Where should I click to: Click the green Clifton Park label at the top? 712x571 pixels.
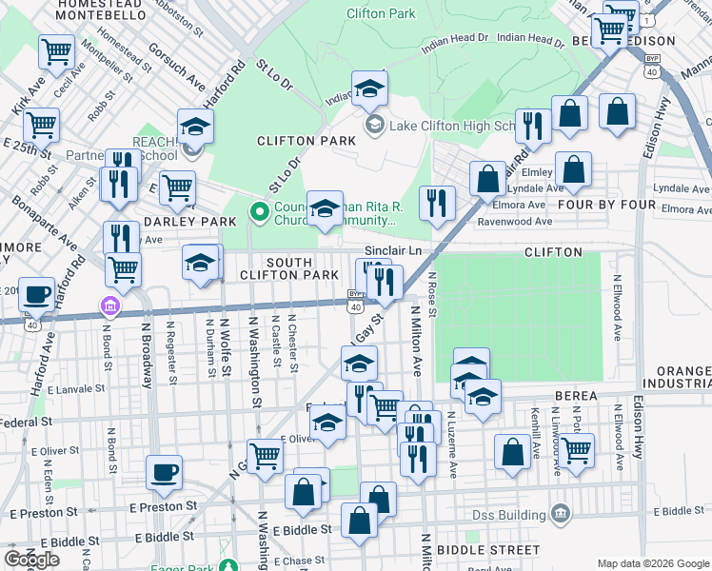pos(381,14)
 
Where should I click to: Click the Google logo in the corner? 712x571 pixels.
pos(31,560)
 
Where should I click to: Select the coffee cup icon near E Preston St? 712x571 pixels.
pos(165,473)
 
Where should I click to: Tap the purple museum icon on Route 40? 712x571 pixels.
pos(110,305)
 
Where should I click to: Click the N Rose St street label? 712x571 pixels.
pos(431,294)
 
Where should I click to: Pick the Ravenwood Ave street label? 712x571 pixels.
pos(514,222)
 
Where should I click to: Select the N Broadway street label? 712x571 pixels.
pos(146,353)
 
